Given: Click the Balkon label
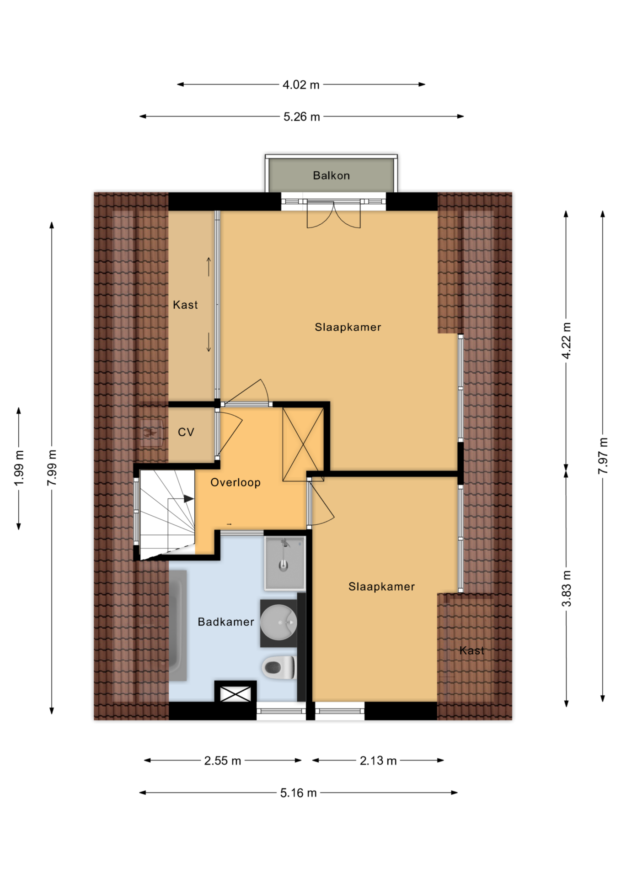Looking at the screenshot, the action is [x=331, y=175].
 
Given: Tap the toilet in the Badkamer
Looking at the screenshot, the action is [x=278, y=667].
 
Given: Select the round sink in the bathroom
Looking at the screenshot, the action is [x=279, y=622].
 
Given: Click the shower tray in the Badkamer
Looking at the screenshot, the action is [x=284, y=563].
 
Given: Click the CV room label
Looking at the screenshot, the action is [x=186, y=432].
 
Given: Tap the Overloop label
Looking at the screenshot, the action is [x=236, y=482].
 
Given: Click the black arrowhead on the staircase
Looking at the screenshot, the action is [x=188, y=499].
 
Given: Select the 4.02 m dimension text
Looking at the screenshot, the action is [x=301, y=85].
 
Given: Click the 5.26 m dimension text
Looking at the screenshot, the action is [x=301, y=117].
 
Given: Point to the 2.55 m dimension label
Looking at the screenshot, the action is [x=223, y=761].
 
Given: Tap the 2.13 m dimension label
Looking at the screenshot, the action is [x=378, y=761].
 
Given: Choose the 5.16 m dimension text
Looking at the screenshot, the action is [x=298, y=793].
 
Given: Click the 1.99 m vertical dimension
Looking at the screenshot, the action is [x=19, y=469].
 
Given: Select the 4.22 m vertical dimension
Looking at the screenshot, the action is [x=566, y=341].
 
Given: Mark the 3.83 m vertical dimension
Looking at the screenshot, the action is [x=566, y=589].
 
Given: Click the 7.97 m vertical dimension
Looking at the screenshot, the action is [x=603, y=456].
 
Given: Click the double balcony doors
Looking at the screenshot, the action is [x=334, y=214].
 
